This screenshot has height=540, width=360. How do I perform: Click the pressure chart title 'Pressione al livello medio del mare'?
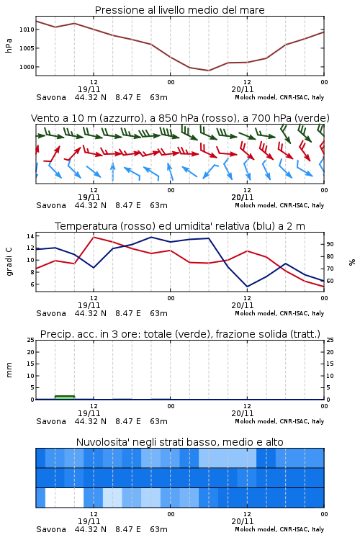pyautogui.click(x=179, y=10)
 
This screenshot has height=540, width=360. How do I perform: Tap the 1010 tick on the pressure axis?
pyautogui.click(x=27, y=30)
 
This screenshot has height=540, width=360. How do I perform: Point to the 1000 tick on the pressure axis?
pyautogui.click(x=27, y=67)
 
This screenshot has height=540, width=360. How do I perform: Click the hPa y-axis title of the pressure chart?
pyautogui.click(x=9, y=45)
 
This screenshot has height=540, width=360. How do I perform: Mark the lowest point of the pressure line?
pyautogui.click(x=208, y=71)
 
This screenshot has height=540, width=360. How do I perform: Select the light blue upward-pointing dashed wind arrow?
pyautogui.click(x=112, y=171)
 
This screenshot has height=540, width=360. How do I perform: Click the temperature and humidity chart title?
pyautogui.click(x=180, y=226)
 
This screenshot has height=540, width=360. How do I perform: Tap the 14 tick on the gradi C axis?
pyautogui.click(x=30, y=236)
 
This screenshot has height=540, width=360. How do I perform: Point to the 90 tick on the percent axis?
pyautogui.click(x=330, y=244)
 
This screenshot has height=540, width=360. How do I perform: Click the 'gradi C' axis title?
pyautogui.click(x=9, y=262)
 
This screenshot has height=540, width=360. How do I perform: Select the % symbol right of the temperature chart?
pyautogui.click(x=352, y=262)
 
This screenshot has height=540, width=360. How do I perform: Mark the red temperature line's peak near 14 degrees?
pyautogui.click(x=94, y=237)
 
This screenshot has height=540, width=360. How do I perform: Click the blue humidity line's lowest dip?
pyautogui.click(x=247, y=287)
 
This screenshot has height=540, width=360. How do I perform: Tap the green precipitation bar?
pyautogui.click(x=65, y=397)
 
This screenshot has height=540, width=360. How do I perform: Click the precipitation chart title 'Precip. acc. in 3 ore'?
pyautogui.click(x=180, y=334)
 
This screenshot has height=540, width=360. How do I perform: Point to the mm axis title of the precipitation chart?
pyautogui.click(x=9, y=370)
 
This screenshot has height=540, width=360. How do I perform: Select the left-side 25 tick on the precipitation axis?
pyautogui.click(x=30, y=340)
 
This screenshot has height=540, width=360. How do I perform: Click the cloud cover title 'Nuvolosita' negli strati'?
pyautogui.click(x=179, y=442)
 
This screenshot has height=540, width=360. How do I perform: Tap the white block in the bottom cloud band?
pyautogui.click(x=64, y=498)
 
